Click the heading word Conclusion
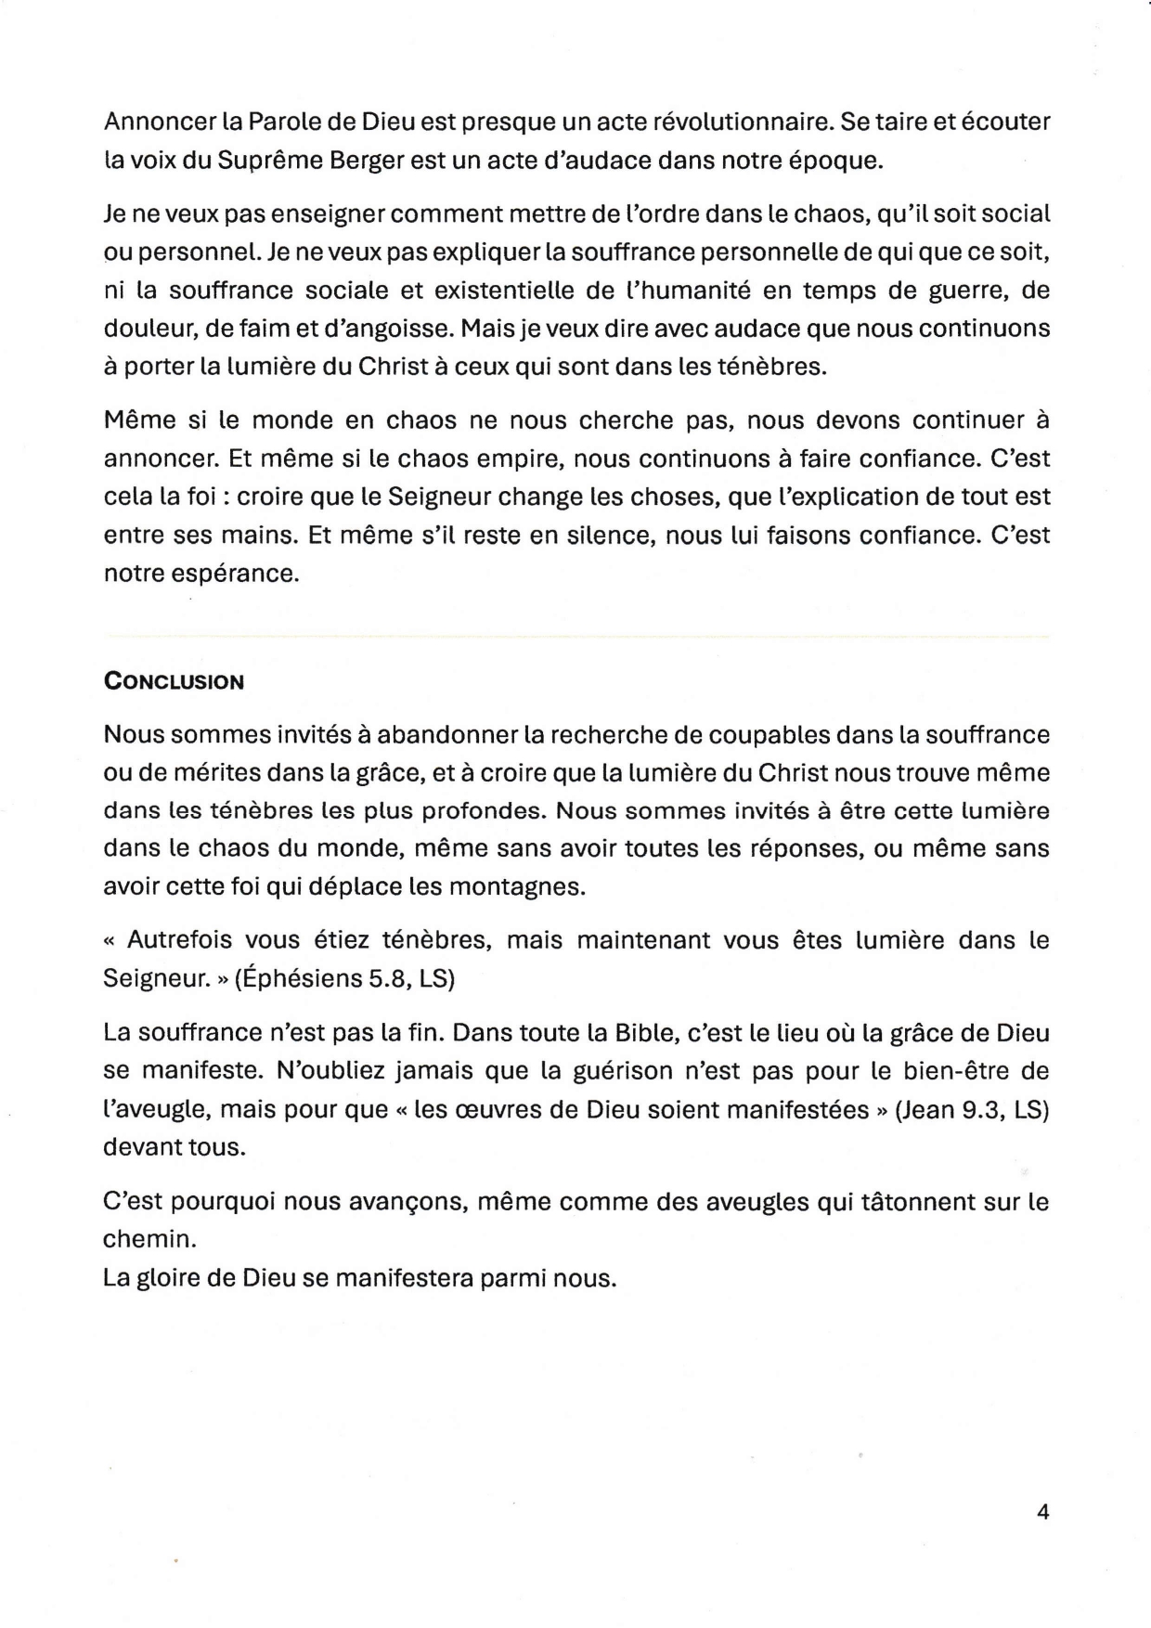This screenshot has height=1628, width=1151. click(174, 682)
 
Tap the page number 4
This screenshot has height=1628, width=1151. click(1042, 1512)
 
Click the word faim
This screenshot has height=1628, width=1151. click(284, 329)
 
